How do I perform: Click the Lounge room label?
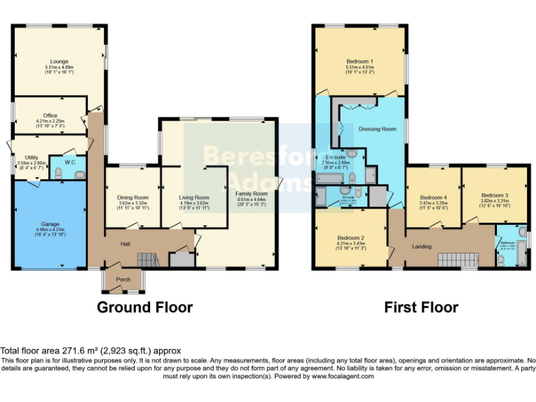[59, 61]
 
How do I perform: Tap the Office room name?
[50, 115]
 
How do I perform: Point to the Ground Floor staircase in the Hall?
[147, 260]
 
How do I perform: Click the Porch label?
[123, 279]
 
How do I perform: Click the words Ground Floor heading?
[144, 307]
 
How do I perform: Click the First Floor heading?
[421, 307]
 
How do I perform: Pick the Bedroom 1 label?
[360, 61]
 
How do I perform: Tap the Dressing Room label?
[378, 129]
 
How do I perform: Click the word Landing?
[421, 246]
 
